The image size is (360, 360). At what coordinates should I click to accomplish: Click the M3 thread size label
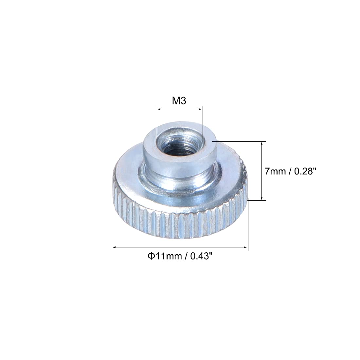[x=179, y=101]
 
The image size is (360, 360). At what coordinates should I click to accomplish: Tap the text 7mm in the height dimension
[x=275, y=171]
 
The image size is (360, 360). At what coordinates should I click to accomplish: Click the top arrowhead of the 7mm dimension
[x=261, y=143]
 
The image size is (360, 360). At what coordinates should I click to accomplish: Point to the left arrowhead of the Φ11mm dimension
[x=114, y=248]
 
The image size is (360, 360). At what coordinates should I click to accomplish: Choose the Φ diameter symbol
[x=150, y=256]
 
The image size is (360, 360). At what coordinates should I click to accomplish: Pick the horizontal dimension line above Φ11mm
[x=180, y=248]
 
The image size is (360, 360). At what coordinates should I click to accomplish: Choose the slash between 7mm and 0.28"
[x=290, y=171]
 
